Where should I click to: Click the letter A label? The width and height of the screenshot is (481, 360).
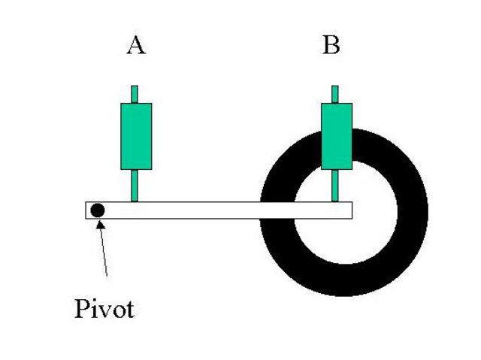(135, 47)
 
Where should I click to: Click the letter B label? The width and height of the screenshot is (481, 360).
(331, 47)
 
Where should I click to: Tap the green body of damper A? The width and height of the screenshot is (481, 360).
(136, 136)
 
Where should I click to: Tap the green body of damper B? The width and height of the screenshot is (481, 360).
(336, 136)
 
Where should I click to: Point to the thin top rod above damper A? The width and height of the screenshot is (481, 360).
(135, 95)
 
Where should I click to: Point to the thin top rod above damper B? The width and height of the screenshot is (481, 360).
(334, 95)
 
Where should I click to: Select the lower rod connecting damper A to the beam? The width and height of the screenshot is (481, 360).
(135, 185)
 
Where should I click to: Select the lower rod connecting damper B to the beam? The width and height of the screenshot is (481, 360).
(335, 185)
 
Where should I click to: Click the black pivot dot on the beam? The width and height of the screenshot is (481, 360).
(97, 210)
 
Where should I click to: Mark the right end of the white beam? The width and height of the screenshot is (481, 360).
(350, 210)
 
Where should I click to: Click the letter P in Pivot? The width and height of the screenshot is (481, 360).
(81, 308)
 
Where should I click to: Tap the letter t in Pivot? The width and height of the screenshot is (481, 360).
(129, 309)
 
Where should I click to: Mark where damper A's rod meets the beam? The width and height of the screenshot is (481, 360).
(135, 201)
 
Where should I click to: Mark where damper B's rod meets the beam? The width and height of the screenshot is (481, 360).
(335, 201)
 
